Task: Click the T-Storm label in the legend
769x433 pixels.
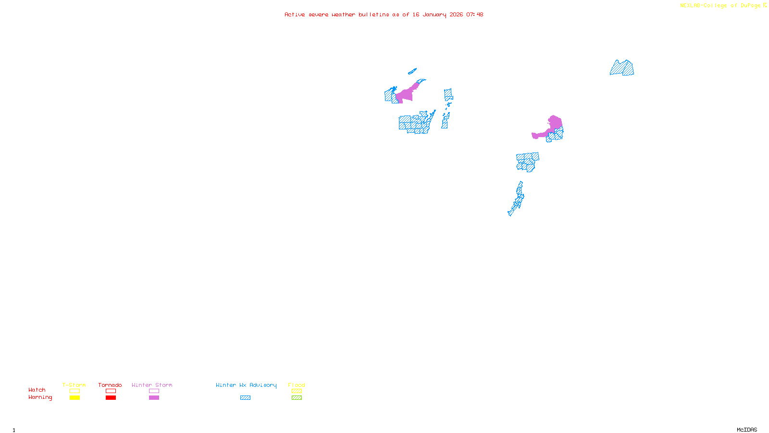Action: (74, 385)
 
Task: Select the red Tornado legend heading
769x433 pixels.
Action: (110, 385)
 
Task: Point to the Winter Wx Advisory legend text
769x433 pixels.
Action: (246, 385)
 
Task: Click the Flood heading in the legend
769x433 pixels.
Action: (297, 385)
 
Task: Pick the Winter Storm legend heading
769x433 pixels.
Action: (152, 385)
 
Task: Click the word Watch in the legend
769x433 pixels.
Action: (37, 390)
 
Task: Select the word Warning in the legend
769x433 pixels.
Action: (40, 397)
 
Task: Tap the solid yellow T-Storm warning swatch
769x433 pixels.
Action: (74, 398)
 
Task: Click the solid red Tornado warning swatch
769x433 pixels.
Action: (111, 398)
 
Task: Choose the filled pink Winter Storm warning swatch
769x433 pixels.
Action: (154, 398)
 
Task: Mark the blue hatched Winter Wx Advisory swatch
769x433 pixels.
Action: (245, 398)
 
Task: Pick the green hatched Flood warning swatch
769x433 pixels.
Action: (297, 398)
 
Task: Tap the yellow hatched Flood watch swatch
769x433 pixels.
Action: (297, 391)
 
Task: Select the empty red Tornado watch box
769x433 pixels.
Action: (111, 391)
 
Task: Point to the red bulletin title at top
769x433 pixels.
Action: (384, 14)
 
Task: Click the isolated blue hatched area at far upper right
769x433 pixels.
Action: (622, 68)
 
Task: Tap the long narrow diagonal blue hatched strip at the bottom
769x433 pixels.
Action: (517, 200)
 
